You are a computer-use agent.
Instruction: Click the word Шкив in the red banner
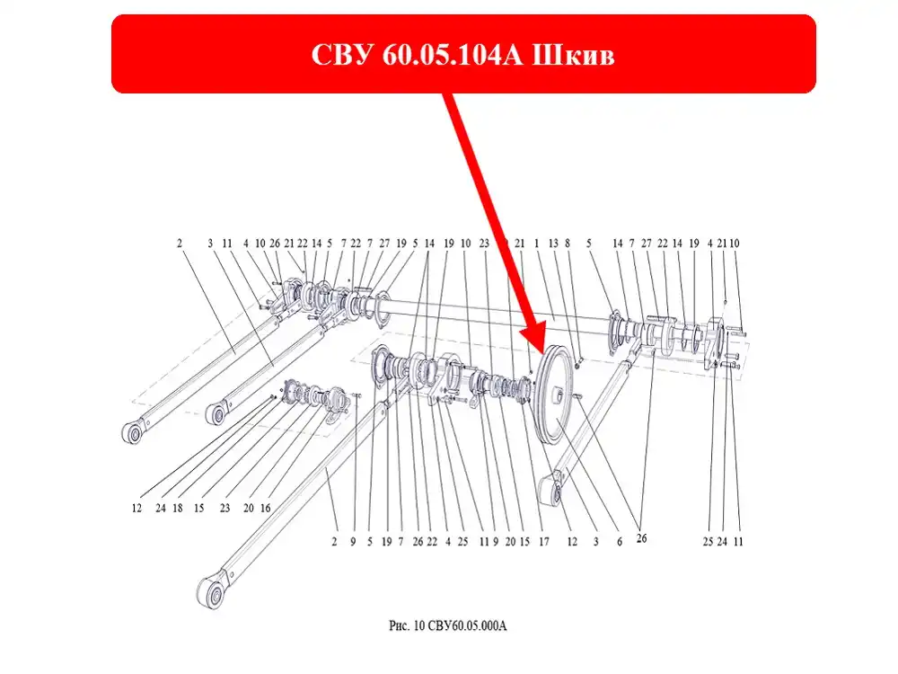[x=573, y=55]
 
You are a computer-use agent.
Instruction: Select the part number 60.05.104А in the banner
[x=453, y=55]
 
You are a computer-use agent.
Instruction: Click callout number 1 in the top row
[x=537, y=244]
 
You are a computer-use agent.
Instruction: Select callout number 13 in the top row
[x=552, y=244]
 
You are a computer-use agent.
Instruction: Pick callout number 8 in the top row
[x=568, y=244]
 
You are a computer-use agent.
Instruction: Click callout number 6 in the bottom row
[x=619, y=542]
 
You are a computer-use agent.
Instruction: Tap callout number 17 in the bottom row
[x=543, y=542]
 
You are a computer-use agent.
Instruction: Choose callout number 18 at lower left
[x=178, y=509]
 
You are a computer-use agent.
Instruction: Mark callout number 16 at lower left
[x=265, y=509]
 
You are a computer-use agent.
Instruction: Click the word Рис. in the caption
[x=400, y=625]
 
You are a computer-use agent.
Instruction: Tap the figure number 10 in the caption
[x=418, y=625]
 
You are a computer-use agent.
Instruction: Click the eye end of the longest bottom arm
[x=213, y=591]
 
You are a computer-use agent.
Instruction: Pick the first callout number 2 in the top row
[x=180, y=244]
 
